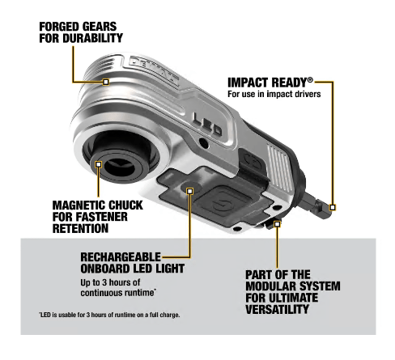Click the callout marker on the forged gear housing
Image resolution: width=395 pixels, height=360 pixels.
tap(106, 82)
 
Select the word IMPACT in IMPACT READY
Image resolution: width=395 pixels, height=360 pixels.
tap(248, 83)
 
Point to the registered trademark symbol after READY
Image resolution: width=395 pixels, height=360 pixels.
tap(310, 80)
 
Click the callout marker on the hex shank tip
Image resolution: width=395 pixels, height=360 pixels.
tap(333, 207)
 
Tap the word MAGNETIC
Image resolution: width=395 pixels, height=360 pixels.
tap(79, 205)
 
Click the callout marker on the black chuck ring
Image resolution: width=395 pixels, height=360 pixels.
tap(99, 164)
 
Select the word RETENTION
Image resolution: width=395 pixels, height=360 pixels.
tap(80, 228)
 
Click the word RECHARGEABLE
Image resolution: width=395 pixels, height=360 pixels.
tap(121, 257)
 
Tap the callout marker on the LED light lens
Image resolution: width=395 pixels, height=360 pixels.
tap(190, 191)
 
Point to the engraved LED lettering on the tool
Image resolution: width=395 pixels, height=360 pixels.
tap(208, 124)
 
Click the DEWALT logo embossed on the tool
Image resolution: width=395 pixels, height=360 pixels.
tap(154, 70)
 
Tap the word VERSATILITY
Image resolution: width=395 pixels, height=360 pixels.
tap(277, 309)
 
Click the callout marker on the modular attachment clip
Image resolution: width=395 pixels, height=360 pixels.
tap(277, 224)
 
